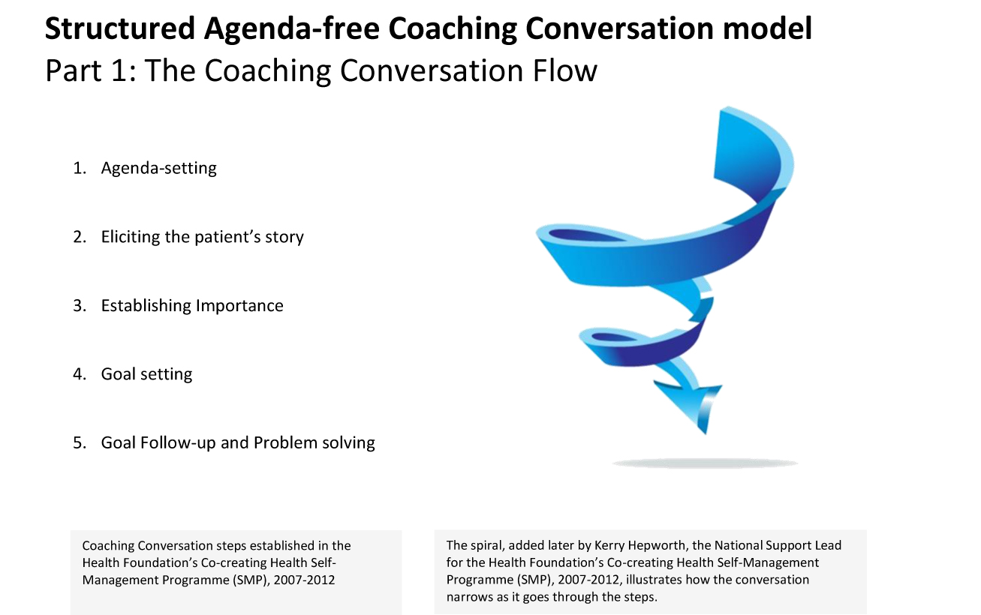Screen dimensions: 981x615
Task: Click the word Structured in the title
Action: (x=119, y=28)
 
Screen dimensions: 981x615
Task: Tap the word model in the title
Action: (x=767, y=28)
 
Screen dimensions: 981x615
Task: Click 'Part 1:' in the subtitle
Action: (x=91, y=70)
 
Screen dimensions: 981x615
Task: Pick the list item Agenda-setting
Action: (x=159, y=169)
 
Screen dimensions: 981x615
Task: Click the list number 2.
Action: (x=80, y=237)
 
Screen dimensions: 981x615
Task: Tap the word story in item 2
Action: (x=284, y=238)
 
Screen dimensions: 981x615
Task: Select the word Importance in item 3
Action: (x=239, y=306)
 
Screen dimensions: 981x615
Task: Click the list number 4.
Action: (x=80, y=374)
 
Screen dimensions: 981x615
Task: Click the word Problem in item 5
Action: (x=285, y=442)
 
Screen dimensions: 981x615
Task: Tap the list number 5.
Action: (x=80, y=443)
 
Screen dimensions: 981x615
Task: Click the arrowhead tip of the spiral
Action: (x=706, y=433)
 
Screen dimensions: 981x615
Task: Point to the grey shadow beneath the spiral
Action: (x=705, y=463)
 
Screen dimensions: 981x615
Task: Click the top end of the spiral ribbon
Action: (x=727, y=108)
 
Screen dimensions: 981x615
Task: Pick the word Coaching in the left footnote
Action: (x=108, y=546)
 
